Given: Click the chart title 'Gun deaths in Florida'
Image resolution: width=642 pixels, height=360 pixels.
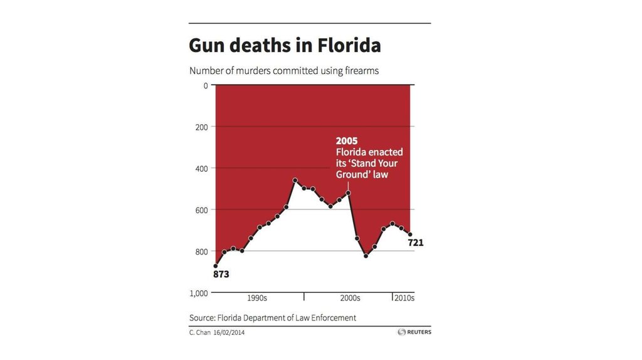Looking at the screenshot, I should tap(285, 46).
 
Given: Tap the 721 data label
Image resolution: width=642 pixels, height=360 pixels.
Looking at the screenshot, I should tap(416, 243).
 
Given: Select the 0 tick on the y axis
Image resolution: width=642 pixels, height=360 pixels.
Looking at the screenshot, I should tap(205, 85).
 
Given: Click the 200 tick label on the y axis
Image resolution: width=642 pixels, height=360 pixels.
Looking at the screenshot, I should tap(201, 127).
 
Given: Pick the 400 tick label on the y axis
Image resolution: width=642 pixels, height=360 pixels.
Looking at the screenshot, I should tap(201, 168).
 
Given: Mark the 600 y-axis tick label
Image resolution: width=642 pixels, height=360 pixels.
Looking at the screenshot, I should tap(201, 209).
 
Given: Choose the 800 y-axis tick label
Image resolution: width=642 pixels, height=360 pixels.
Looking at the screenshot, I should tap(201, 251).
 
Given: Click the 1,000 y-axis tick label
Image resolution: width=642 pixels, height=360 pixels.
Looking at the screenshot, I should tap(198, 293).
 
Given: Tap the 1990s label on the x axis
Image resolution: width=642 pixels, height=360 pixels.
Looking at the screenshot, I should tap(257, 298).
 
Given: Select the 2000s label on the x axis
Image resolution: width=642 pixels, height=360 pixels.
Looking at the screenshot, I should tap(349, 298).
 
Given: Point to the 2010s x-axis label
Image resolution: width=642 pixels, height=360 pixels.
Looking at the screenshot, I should tap(403, 298).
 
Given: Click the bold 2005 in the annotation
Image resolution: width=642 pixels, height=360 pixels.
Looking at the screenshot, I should tap(347, 141).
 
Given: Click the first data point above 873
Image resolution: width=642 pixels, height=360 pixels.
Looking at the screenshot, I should tap(216, 266).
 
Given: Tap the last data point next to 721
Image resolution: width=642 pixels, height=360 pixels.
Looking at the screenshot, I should tap(410, 235).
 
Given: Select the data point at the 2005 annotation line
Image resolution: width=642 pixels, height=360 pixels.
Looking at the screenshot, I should tap(348, 193).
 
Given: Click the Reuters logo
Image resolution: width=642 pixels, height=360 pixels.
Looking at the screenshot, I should tap(414, 332).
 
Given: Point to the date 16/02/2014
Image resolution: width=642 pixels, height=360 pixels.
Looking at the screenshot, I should tap(229, 332).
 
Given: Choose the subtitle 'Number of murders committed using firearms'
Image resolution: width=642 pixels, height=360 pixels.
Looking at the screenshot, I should tap(284, 71).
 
